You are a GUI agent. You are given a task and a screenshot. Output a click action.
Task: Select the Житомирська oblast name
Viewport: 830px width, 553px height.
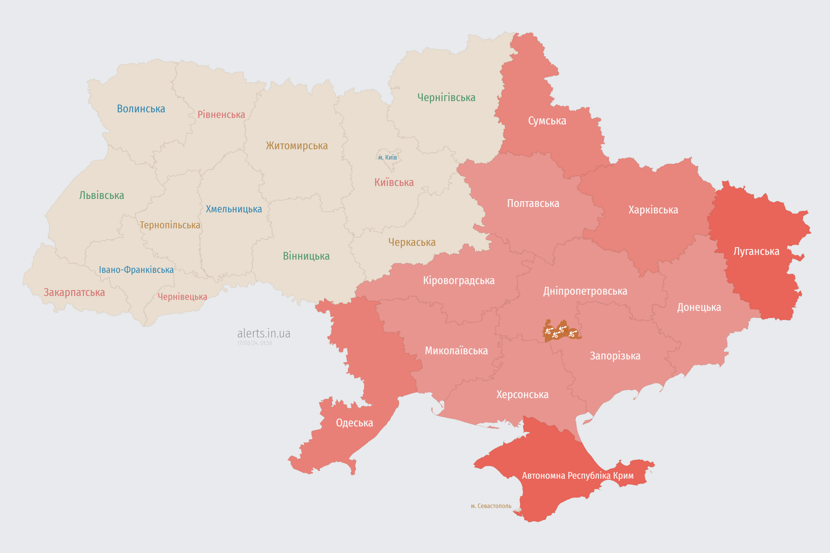297,146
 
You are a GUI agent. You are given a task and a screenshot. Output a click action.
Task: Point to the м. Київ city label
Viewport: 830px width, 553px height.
388,157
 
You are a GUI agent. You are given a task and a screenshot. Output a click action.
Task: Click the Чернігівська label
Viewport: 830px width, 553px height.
446,97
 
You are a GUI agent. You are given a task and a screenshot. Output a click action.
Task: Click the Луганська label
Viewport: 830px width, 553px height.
756,251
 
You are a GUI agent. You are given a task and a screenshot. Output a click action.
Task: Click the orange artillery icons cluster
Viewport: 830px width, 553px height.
561,331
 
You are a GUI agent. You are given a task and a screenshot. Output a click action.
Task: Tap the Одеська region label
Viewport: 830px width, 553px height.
354,423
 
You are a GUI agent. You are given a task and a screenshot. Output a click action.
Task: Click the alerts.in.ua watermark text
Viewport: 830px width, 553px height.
264,333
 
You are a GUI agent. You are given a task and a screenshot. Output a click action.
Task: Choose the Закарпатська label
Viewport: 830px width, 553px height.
74,292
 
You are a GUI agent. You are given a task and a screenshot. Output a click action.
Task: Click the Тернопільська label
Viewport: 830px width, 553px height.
170,225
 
